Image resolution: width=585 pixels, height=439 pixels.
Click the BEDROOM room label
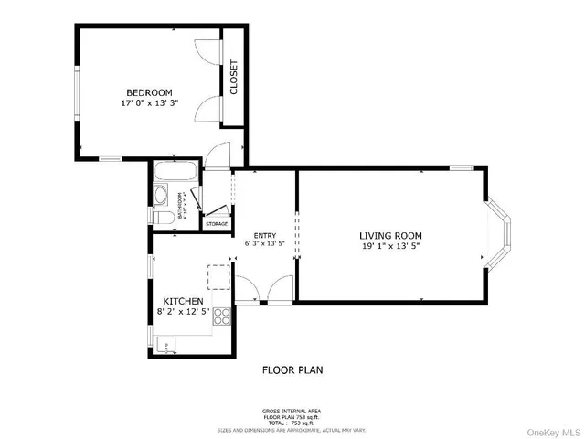pyautogui.click(x=149, y=92)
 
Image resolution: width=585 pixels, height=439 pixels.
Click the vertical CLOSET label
pyautogui.click(x=233, y=78)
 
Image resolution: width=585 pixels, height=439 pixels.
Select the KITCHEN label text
pyautogui.click(x=183, y=301)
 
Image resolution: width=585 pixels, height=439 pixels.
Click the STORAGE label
pyautogui.click(x=217, y=223)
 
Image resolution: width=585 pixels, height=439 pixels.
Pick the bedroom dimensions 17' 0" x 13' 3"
pyautogui.click(x=149, y=103)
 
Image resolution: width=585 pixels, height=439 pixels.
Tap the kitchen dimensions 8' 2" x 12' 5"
pyautogui.click(x=183, y=312)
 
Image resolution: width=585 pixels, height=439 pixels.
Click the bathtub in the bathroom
pyautogui.click(x=174, y=172)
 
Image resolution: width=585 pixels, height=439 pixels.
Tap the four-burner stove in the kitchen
pyautogui.click(x=222, y=316)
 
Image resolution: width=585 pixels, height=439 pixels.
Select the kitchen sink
pyautogui.click(x=165, y=344)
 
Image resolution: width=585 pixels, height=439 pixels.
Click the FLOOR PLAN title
pyautogui.click(x=292, y=370)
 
